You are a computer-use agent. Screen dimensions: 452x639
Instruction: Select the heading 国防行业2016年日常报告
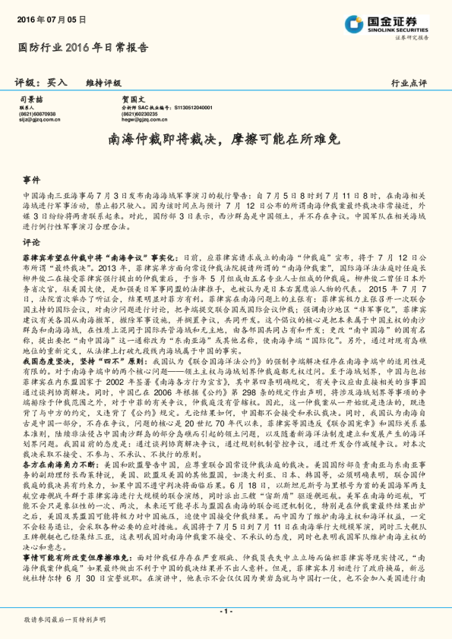tap(83, 46)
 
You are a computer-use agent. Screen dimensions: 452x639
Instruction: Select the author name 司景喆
tap(30, 99)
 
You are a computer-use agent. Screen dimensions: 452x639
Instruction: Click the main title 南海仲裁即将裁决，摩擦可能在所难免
tap(226, 140)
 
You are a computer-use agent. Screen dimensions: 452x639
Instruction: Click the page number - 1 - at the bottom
tap(226, 611)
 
